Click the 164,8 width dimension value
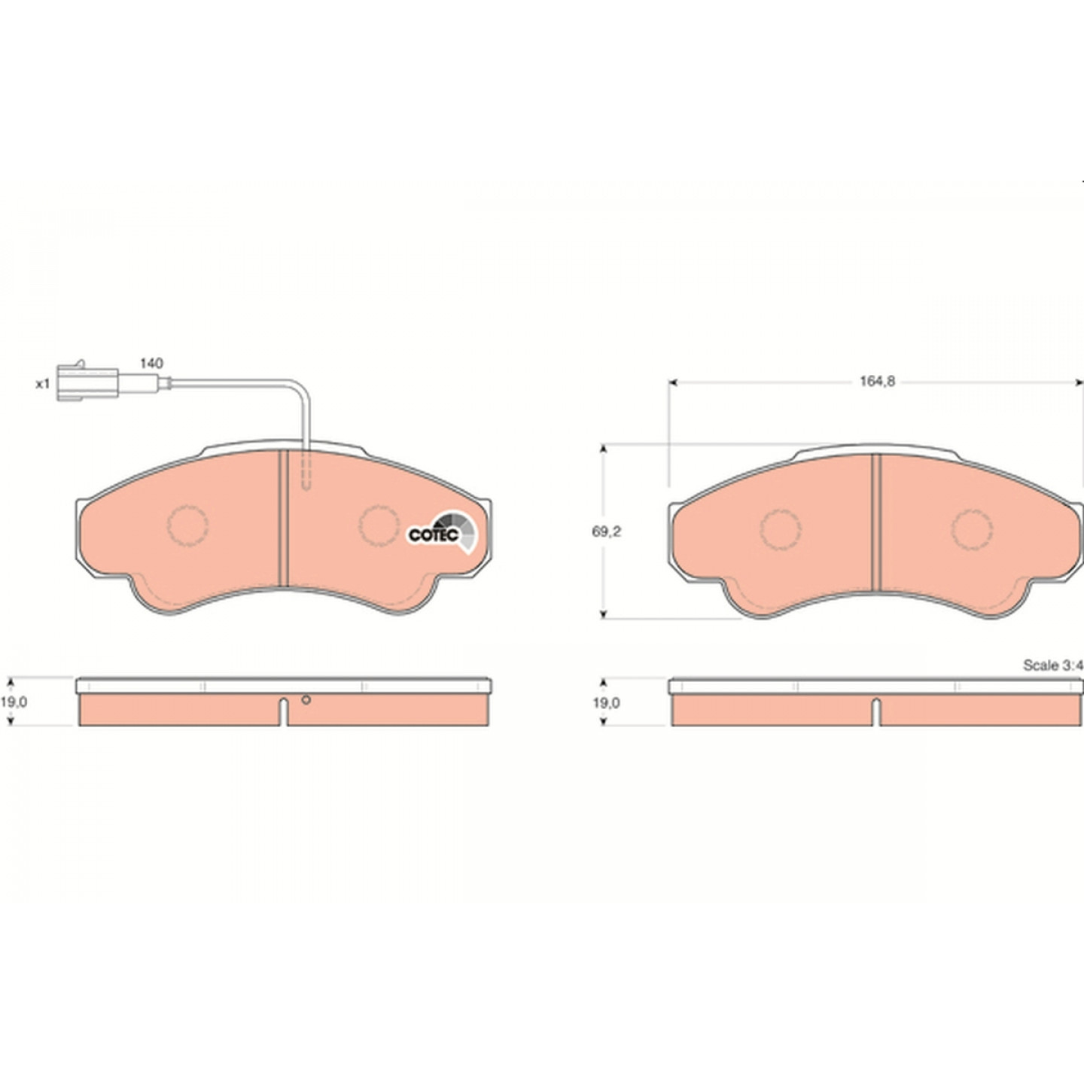click(877, 382)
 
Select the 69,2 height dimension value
click(606, 531)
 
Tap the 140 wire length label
click(151, 364)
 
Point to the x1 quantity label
click(44, 384)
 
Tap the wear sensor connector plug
click(87, 383)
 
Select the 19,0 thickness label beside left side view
click(14, 702)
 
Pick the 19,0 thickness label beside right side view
click(606, 702)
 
